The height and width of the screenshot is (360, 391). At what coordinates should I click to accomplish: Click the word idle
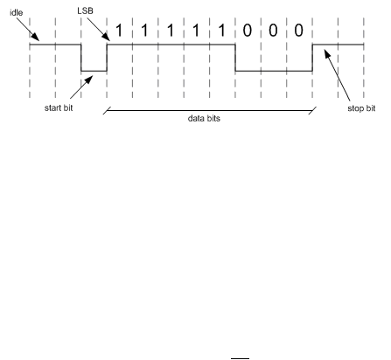17,12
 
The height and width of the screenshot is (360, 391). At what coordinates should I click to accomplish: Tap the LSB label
85,10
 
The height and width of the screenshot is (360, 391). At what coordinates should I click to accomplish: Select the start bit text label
59,107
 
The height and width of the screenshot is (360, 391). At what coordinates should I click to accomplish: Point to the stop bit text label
361,108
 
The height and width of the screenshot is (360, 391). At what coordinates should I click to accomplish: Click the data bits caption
204,118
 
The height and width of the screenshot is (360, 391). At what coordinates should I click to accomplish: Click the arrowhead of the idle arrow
35,37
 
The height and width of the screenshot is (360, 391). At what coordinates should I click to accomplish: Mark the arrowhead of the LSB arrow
107,37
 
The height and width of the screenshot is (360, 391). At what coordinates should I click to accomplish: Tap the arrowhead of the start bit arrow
88,80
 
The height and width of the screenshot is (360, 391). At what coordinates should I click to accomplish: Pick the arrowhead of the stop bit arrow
327,54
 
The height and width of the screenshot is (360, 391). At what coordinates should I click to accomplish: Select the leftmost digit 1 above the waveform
119,31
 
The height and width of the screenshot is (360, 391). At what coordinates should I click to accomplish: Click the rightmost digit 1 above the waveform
221,31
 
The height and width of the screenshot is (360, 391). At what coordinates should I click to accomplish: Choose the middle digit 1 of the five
171,31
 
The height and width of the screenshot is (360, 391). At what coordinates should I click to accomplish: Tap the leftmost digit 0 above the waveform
248,31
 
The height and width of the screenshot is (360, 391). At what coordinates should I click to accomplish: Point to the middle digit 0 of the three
273,31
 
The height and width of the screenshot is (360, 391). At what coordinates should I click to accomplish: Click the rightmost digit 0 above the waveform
298,31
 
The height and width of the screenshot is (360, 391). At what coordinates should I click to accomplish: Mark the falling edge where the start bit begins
81,58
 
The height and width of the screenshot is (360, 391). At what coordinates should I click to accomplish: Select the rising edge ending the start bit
107,58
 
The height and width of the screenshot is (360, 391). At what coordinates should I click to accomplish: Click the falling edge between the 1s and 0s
235,58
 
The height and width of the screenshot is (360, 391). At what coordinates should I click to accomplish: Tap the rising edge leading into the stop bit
312,58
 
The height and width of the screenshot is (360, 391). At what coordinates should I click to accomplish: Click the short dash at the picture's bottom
241,358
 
